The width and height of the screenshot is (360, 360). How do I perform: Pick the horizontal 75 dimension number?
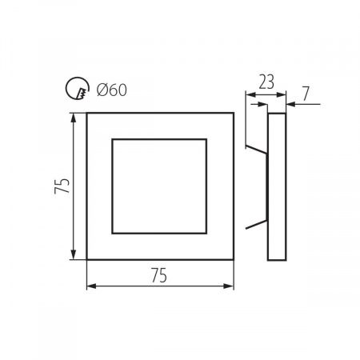(158, 275)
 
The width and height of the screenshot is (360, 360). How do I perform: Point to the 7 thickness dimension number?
(306, 92)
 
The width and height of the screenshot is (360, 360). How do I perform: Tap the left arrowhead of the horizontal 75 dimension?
(90, 286)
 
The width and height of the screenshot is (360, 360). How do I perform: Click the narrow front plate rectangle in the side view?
(275, 186)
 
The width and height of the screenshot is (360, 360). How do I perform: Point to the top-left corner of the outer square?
(86, 114)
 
